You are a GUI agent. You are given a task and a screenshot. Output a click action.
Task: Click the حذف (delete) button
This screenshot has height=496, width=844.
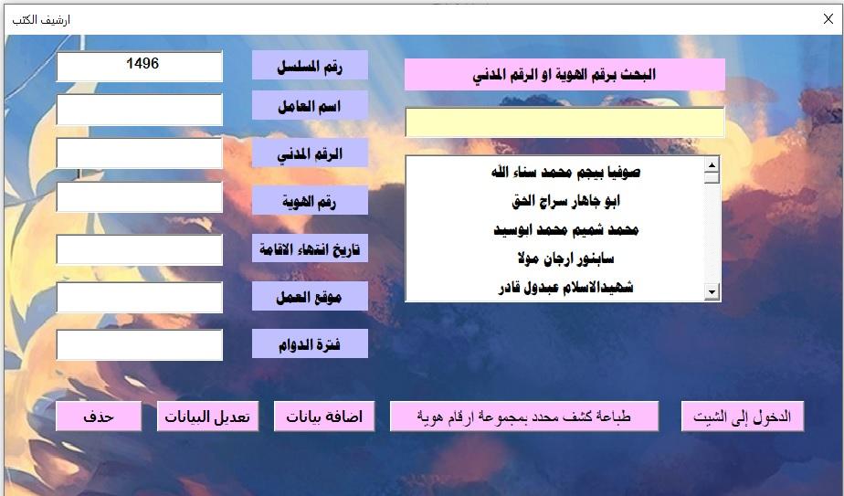pos(99,417)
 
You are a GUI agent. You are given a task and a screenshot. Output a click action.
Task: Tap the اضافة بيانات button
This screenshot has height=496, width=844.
pos(324,417)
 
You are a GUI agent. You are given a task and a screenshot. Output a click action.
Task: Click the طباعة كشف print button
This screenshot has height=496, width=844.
pos(524,417)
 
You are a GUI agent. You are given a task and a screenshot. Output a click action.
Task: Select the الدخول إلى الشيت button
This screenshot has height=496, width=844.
pos(743,417)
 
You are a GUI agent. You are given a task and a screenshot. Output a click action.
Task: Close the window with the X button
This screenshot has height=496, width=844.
pos(828,19)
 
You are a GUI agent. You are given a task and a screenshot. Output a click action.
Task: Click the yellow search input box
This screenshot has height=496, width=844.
pos(564,122)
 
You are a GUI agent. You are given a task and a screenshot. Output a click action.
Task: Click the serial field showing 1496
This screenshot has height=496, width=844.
pos(140,67)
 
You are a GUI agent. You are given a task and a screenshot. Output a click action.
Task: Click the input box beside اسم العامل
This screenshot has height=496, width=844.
pos(140,110)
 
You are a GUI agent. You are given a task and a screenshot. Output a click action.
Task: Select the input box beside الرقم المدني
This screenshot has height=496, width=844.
pos(140,153)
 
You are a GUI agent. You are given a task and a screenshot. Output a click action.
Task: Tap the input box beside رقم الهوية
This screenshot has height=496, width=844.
pos(140,196)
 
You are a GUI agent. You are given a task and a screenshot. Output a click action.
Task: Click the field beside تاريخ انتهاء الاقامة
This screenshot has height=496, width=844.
pos(140,249)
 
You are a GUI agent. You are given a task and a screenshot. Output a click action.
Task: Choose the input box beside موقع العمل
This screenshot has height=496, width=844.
pos(140,297)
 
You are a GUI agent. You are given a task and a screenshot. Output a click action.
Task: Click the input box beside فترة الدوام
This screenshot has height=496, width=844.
pos(140,344)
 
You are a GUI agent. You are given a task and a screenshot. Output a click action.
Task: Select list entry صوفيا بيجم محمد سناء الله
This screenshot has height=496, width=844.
pos(565,173)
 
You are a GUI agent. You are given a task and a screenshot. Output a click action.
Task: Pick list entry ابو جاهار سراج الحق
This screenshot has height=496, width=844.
pos(565,201)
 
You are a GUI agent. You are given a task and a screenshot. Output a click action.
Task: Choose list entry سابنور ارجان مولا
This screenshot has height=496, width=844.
pos(565,259)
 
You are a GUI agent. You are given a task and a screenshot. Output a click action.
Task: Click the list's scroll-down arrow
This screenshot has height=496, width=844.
pos(712,292)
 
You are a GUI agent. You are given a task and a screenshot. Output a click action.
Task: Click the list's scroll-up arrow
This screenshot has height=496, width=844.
pos(712,164)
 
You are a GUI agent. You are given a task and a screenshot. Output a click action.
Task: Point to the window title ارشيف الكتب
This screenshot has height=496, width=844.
pos(41,20)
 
